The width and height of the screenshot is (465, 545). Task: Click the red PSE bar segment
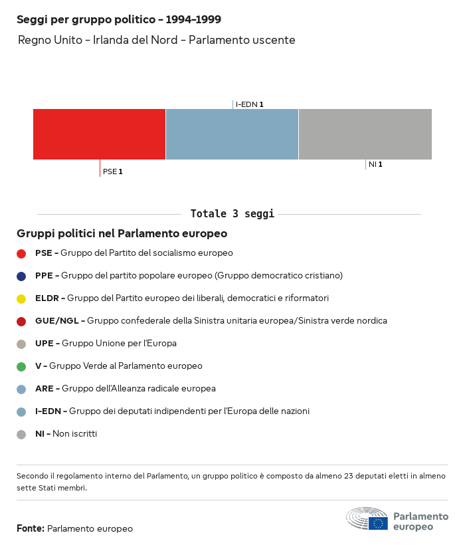pyautogui.click(x=99, y=134)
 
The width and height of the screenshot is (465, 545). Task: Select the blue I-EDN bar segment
pyautogui.click(x=232, y=134)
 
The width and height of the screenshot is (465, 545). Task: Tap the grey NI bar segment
pyautogui.click(x=365, y=134)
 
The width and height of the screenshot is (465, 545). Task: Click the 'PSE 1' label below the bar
pyautogui.click(x=112, y=171)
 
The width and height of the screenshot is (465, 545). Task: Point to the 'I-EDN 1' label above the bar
pyautogui.click(x=249, y=104)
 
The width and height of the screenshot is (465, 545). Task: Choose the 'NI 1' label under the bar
pyautogui.click(x=375, y=164)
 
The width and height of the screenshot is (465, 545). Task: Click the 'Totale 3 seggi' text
pyautogui.click(x=232, y=214)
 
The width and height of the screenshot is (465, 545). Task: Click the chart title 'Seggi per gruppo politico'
pyautogui.click(x=119, y=20)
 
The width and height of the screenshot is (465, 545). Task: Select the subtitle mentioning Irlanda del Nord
pyautogui.click(x=156, y=41)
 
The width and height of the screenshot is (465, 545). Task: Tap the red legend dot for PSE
pyautogui.click(x=21, y=253)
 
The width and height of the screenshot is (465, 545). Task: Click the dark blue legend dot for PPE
pyautogui.click(x=21, y=276)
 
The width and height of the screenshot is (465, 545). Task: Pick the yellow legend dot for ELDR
pyautogui.click(x=21, y=298)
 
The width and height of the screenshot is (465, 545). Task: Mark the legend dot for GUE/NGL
pyautogui.click(x=21, y=321)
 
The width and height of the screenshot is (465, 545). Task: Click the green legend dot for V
pyautogui.click(x=21, y=366)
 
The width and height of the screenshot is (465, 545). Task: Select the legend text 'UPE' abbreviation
pyautogui.click(x=45, y=344)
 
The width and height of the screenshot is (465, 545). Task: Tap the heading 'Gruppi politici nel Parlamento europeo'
pyautogui.click(x=122, y=234)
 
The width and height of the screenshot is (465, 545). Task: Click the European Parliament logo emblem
pyautogui.click(x=367, y=519)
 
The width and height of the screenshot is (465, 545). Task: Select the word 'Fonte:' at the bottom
pyautogui.click(x=31, y=529)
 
